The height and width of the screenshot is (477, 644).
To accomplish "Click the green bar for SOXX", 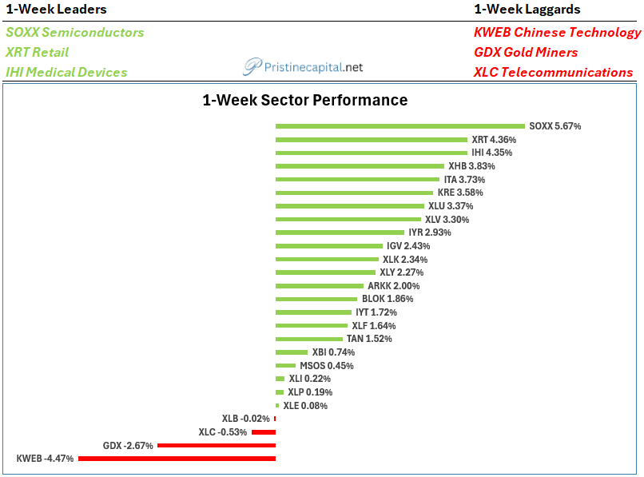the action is (400, 126).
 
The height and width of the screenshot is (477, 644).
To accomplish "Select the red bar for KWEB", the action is (177, 459).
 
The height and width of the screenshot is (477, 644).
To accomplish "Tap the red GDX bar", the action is (217, 445).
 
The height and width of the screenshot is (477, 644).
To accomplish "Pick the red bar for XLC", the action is (264, 432).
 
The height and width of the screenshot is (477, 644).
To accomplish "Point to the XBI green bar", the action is (292, 352).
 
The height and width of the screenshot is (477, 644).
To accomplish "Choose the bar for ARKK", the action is (320, 285).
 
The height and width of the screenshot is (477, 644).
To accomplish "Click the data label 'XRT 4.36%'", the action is (494, 140).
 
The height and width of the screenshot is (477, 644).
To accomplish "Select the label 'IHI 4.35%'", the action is (491, 153).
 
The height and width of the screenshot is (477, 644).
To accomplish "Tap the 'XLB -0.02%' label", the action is (245, 419).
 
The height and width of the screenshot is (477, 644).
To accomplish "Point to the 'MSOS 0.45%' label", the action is (327, 366).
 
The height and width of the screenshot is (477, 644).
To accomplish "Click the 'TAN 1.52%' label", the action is (369, 339).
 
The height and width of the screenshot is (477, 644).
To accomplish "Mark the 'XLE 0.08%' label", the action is (305, 406).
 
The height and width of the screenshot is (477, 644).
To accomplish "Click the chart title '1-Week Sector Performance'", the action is (305, 100).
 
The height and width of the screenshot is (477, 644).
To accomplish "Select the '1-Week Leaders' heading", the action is (56, 9).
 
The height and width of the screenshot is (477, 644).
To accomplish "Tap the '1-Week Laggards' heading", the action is (527, 9).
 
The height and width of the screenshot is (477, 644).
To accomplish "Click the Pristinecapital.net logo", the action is (303, 67).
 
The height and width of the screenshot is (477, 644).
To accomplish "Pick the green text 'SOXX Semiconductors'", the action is (75, 32).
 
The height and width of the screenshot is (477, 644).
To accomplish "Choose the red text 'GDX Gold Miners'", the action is (526, 52).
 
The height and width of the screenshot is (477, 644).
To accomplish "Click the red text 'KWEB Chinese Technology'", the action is (558, 32).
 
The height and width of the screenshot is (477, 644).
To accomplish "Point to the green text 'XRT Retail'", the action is (37, 52).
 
